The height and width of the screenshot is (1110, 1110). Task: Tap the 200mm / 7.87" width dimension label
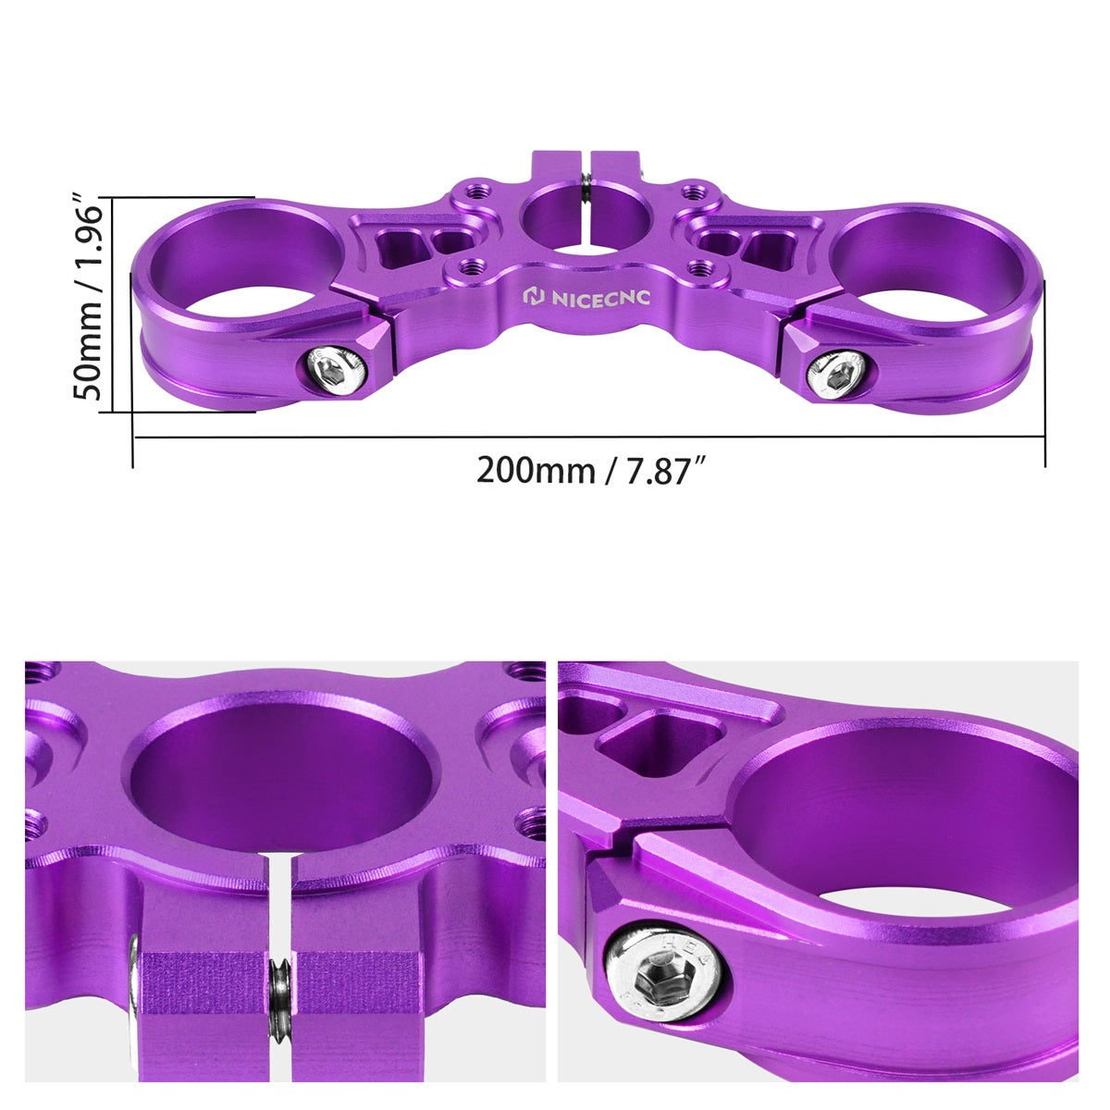coord(592,471)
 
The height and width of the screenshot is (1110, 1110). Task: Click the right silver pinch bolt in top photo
coord(839,374)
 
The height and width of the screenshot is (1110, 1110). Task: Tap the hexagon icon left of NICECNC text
coord(535,298)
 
